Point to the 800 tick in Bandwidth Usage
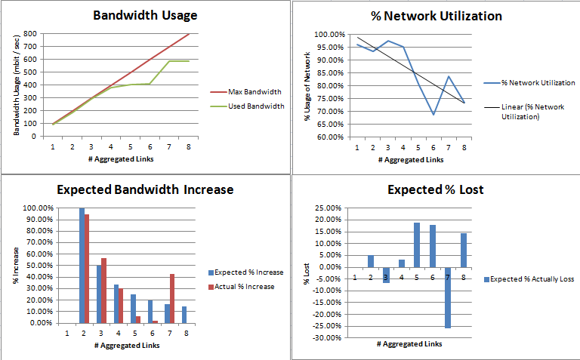tap(31, 34)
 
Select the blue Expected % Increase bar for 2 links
tap(82, 265)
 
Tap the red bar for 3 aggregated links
tap(103, 291)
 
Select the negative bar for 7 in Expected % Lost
tap(448, 297)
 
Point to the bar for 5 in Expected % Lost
tap(416, 245)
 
